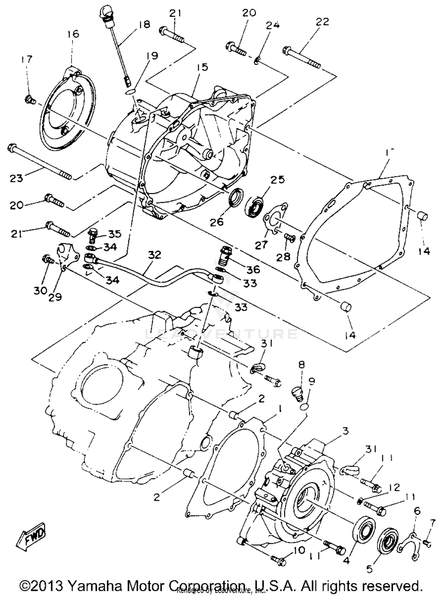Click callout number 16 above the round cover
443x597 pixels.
tap(73, 34)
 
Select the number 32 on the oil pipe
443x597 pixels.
tap(154, 254)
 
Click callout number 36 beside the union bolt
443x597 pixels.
tap(253, 269)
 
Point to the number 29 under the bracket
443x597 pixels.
tap(55, 296)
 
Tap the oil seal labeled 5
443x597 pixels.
tap(387, 543)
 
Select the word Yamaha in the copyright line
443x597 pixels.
tap(94, 585)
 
